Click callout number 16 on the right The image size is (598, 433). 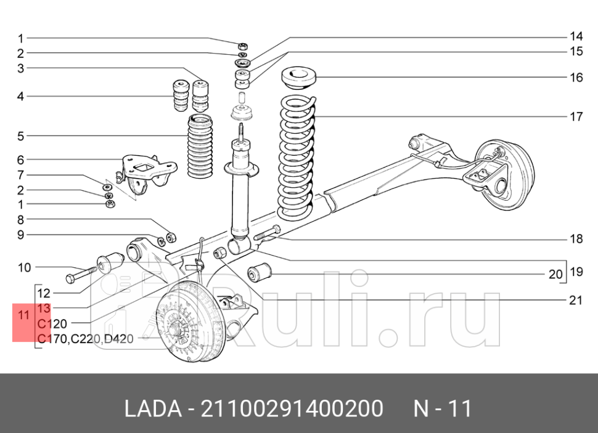(576, 78)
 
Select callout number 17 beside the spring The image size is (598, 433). (576, 116)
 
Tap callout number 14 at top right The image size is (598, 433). (576, 36)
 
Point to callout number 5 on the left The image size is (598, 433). (20, 136)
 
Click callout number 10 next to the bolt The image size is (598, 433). (24, 267)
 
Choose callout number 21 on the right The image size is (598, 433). (576, 301)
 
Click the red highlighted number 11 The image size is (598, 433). (24, 315)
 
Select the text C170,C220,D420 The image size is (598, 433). (85, 338)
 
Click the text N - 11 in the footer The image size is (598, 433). (443, 408)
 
